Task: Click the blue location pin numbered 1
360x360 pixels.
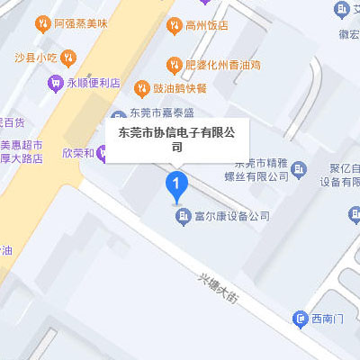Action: pos(177,186)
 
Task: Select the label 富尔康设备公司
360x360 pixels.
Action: pos(232,216)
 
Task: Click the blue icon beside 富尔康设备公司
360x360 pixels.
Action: pos(186,216)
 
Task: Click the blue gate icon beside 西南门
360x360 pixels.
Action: pos(300,319)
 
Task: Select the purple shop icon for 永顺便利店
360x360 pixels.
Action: pos(57,83)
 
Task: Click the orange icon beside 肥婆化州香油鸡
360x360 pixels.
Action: pos(174,64)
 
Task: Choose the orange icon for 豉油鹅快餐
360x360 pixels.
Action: pos(141,88)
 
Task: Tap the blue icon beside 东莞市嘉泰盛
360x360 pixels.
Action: pos(118,115)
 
